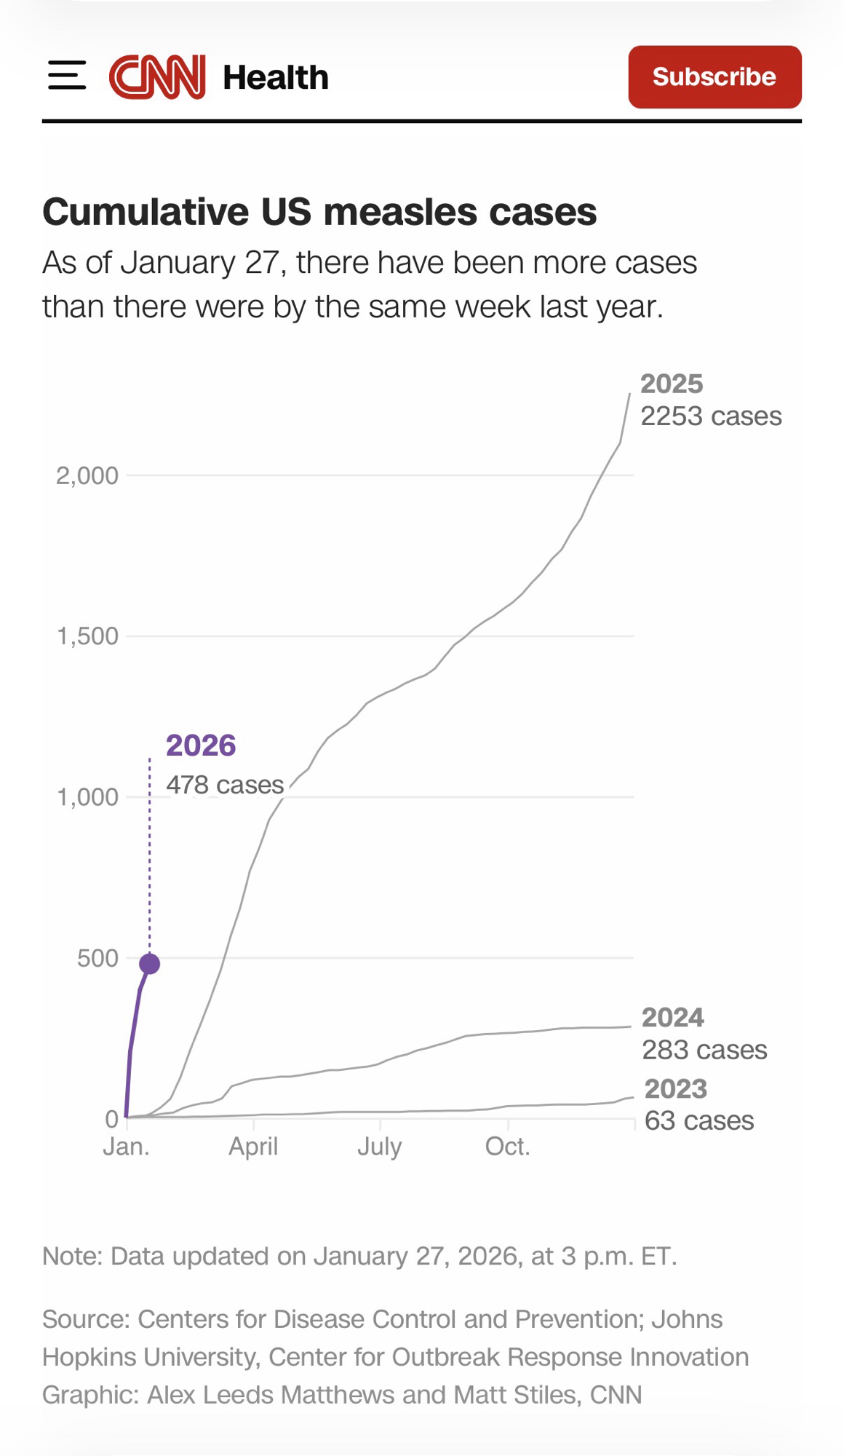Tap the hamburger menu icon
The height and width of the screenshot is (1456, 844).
67,76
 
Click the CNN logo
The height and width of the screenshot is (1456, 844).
157,76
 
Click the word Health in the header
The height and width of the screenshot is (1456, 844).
276,77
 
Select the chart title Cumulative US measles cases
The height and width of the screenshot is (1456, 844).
319,212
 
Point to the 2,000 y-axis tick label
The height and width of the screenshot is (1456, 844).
87,475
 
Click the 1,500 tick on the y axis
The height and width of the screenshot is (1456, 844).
87,636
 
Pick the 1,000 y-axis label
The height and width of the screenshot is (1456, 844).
87,797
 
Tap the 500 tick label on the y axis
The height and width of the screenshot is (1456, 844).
97,958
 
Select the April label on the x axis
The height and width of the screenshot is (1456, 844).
253,1147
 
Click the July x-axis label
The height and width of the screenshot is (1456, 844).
379,1147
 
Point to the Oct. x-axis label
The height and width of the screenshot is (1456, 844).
507,1147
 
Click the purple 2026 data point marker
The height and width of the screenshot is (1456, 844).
149,964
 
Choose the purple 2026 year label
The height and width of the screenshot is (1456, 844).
201,745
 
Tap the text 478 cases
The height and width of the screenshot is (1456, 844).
225,784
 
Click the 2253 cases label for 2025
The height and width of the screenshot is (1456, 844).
711,416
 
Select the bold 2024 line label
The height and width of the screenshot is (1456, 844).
672,1017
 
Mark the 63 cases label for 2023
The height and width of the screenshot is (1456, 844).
698,1120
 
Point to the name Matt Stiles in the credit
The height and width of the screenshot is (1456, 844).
517,1395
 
